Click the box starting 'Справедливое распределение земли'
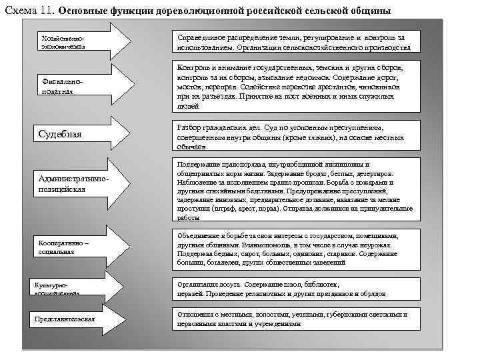coord(297,42)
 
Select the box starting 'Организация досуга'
coord(297,289)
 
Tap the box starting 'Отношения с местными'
coord(297,318)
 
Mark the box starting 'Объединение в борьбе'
coord(297,249)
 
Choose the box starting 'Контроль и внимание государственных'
coord(297,87)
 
